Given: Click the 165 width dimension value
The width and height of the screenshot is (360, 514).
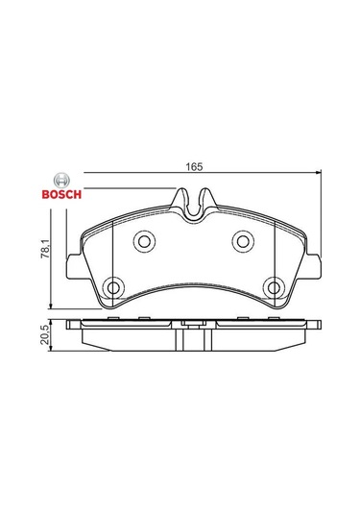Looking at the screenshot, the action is point(194,166).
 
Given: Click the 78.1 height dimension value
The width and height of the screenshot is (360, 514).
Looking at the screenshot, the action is point(45,248).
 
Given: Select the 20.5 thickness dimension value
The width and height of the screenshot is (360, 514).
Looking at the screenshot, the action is point(45,334).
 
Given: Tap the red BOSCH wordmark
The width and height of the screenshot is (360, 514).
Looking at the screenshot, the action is point(61,194).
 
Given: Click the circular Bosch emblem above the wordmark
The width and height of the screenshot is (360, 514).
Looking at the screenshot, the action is point(61,180).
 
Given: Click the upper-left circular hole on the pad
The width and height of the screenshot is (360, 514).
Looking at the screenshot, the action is point(144,241).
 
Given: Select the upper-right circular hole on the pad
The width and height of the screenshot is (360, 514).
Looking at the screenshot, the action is point(243,241).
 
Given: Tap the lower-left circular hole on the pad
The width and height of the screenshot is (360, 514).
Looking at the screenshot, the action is point(113,288).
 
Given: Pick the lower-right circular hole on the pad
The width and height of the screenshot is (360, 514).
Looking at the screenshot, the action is point(274,288).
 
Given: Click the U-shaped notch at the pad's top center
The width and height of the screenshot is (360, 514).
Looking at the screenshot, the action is point(194,209).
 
